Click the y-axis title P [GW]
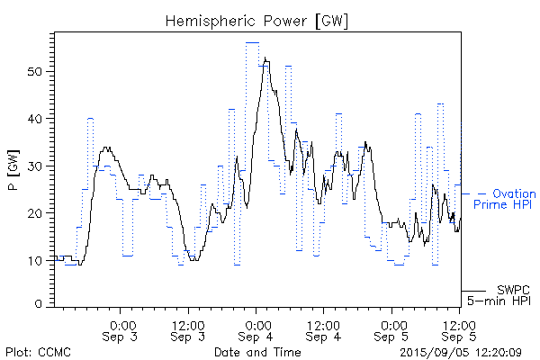[13, 167]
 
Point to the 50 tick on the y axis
[41, 72]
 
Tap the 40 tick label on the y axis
[41, 119]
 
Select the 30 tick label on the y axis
[41, 166]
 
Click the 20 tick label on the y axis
[41, 213]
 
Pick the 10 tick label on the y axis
[41, 261]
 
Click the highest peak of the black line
[265, 59]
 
